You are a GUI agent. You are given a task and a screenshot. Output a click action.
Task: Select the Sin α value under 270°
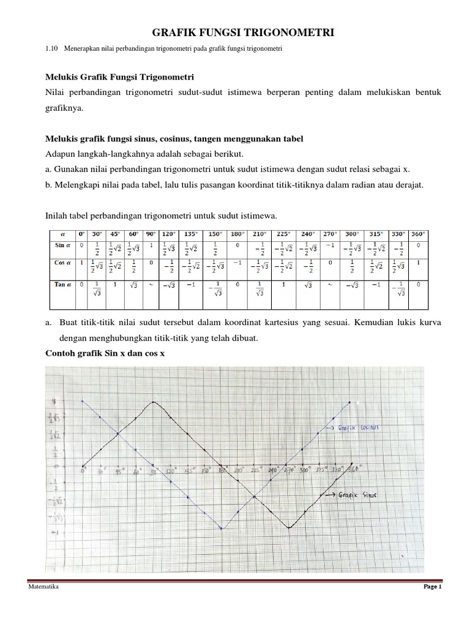coord(329,245)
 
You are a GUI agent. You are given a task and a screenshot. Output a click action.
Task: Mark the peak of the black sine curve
coord(153,402)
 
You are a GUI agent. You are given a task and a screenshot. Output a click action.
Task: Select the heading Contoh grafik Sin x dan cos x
coord(105,354)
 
